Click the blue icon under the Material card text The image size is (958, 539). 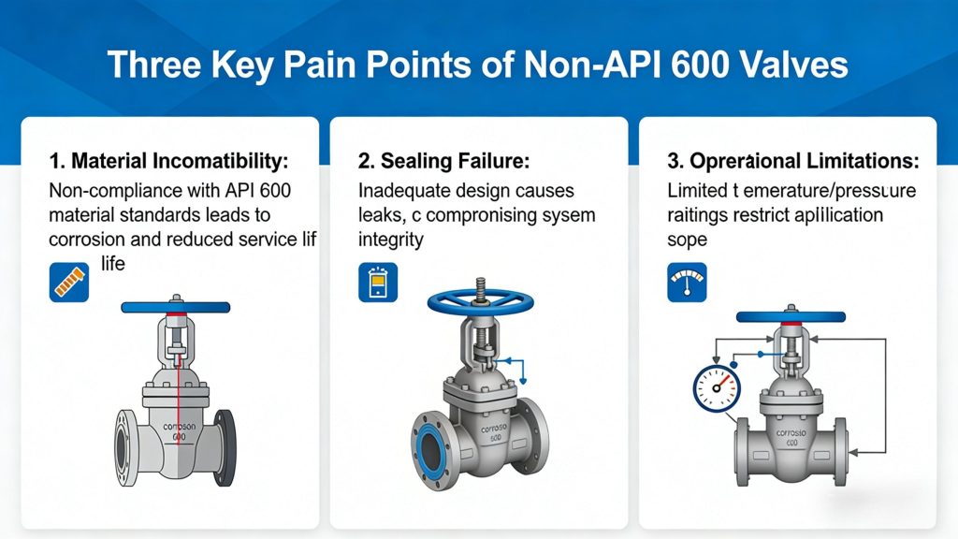tap(68, 283)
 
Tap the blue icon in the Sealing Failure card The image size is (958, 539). tap(377, 282)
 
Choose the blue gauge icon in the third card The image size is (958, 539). tap(687, 282)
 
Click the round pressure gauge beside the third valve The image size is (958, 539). tap(717, 386)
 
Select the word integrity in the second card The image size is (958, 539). tap(391, 240)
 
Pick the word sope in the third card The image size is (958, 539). tap(688, 240)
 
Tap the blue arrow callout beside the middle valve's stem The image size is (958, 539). tap(512, 367)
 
